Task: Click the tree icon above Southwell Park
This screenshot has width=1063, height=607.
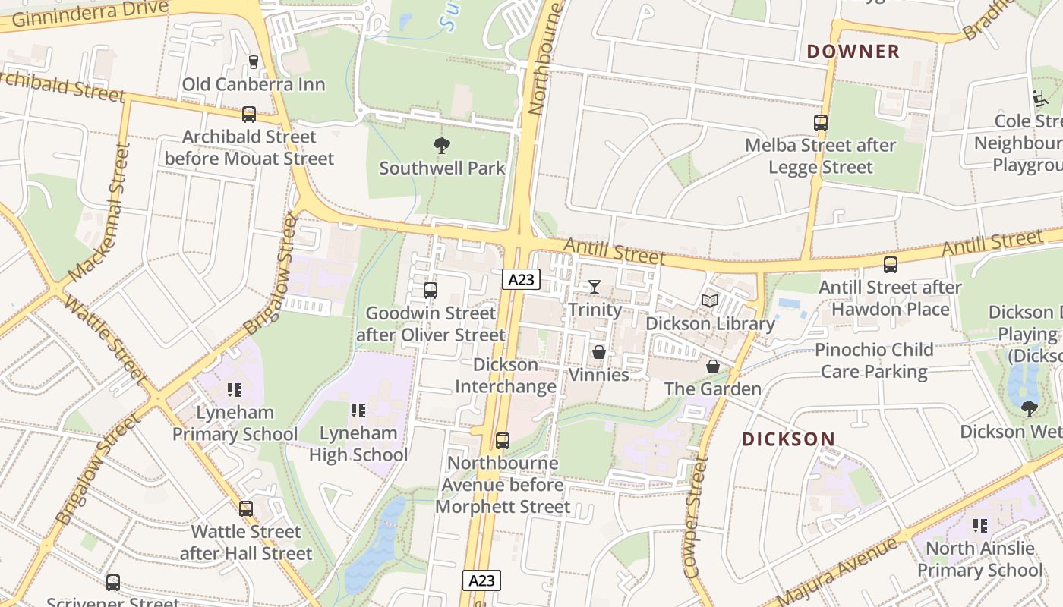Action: pyautogui.click(x=441, y=146)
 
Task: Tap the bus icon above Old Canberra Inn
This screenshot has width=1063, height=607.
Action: pyautogui.click(x=254, y=62)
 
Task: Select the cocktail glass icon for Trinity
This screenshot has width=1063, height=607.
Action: pyautogui.click(x=594, y=286)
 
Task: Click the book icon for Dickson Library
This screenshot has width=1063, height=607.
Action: pyautogui.click(x=710, y=301)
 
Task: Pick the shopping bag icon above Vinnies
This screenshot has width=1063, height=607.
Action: pyautogui.click(x=599, y=353)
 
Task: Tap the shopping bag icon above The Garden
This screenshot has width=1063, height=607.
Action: pyautogui.click(x=713, y=367)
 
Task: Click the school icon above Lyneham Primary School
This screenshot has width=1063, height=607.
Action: pyautogui.click(x=235, y=390)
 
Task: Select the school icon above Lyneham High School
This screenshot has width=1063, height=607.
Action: pyautogui.click(x=358, y=410)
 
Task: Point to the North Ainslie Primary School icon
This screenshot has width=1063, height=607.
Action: pyautogui.click(x=980, y=525)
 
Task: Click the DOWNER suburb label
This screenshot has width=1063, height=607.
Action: pyautogui.click(x=853, y=52)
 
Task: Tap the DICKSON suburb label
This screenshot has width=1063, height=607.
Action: pyautogui.click(x=788, y=439)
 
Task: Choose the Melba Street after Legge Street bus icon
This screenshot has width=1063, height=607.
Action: pyautogui.click(x=820, y=123)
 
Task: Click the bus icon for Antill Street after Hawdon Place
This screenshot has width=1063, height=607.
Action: pyautogui.click(x=890, y=265)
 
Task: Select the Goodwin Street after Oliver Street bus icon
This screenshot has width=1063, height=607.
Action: pyautogui.click(x=430, y=290)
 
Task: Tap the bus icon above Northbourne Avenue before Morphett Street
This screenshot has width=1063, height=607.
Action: pyautogui.click(x=502, y=440)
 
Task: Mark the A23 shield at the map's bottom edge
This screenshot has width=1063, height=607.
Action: pyautogui.click(x=481, y=580)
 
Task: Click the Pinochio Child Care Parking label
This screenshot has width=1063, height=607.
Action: pyautogui.click(x=874, y=360)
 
